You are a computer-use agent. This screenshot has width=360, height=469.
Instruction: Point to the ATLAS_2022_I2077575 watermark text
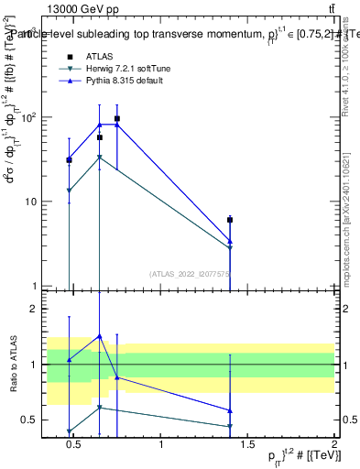coord(189,273)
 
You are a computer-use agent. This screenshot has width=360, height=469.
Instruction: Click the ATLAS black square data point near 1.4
coord(230,220)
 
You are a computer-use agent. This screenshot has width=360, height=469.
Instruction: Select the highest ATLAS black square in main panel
coord(117,119)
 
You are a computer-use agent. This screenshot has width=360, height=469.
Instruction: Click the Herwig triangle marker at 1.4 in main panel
coord(230,247)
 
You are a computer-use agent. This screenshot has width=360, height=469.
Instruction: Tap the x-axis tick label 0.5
coord(74,444)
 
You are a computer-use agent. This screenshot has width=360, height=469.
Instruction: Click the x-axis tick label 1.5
coord(247,444)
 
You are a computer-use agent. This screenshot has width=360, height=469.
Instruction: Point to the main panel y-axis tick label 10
coord(34,202)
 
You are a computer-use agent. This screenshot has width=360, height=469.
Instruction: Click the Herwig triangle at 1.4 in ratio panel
coord(230,426)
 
